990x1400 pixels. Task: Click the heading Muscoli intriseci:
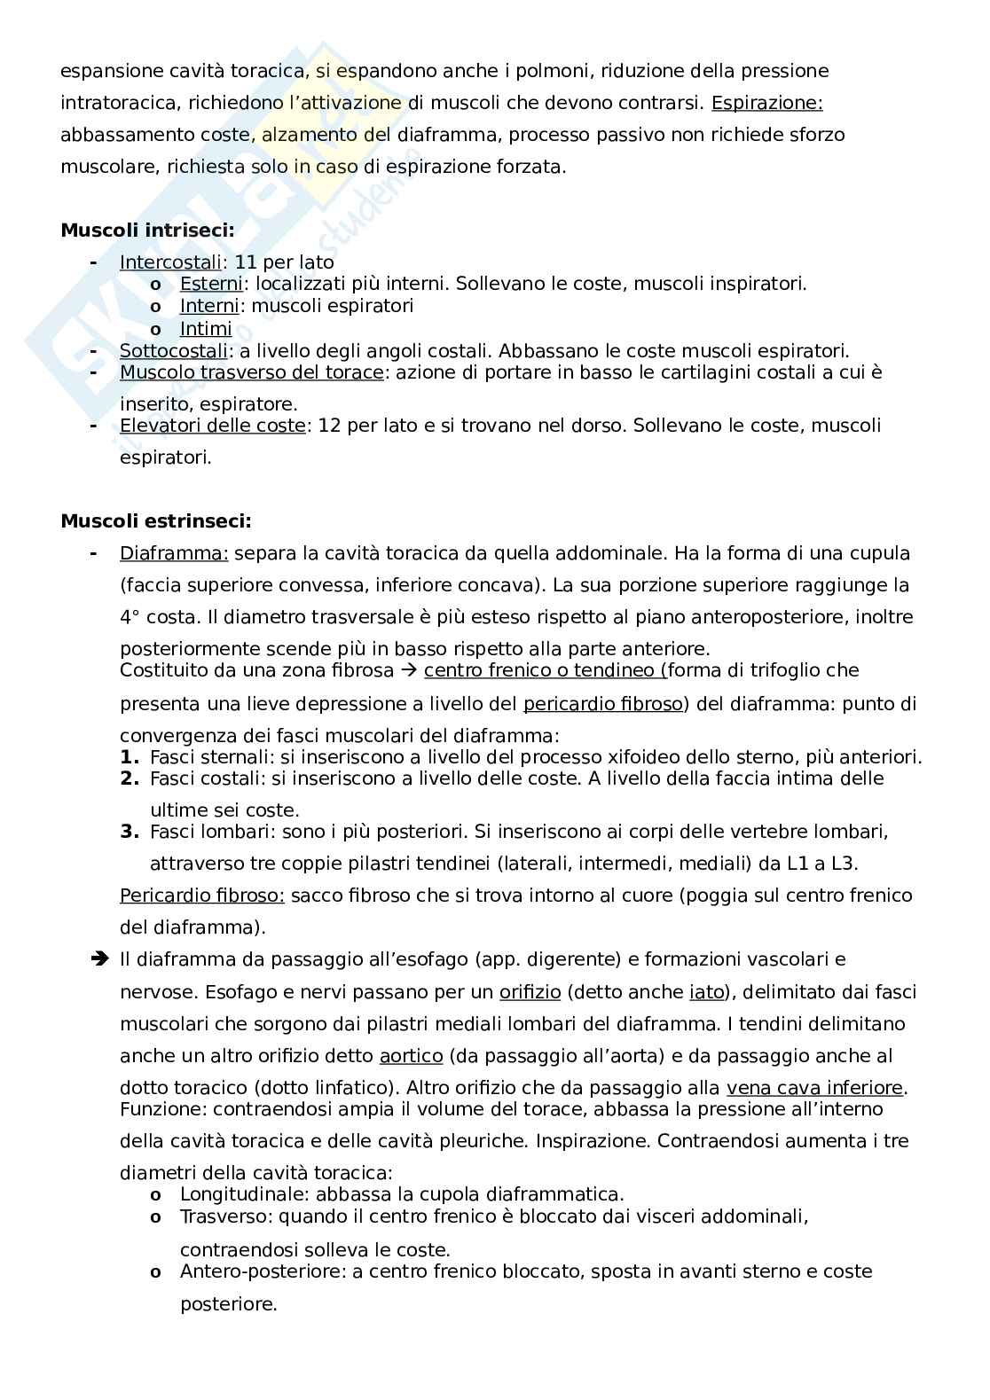[147, 231]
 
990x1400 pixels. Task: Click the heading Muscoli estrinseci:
[155, 521]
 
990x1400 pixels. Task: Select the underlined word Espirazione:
[766, 103]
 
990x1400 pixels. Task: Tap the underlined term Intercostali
[170, 262]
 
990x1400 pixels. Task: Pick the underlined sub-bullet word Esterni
[211, 284]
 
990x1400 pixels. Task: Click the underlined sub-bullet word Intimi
[206, 328]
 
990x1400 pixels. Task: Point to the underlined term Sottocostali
[174, 350]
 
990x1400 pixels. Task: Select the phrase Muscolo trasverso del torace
[251, 372]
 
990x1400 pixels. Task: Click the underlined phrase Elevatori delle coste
[213, 426]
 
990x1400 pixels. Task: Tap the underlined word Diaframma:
[174, 553]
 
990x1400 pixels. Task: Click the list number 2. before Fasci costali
[130, 778]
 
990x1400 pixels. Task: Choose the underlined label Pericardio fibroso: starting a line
[202, 896]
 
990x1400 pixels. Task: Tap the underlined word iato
[706, 992]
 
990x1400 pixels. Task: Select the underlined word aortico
[411, 1056]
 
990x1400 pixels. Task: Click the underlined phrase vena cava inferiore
[814, 1088]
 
